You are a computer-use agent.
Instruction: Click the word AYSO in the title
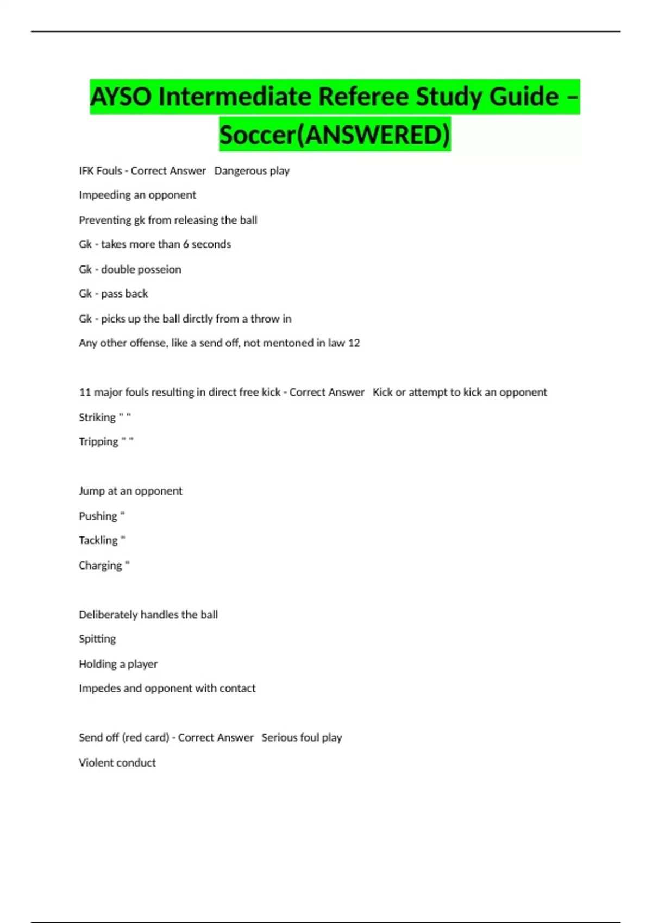(x=121, y=97)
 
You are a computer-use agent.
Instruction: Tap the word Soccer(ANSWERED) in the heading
(x=335, y=135)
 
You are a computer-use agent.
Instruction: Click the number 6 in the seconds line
(x=186, y=244)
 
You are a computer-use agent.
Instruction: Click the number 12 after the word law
(x=354, y=343)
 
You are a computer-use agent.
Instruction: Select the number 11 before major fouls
(x=85, y=392)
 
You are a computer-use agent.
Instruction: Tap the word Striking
(x=97, y=417)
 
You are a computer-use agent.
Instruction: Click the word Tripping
(x=98, y=441)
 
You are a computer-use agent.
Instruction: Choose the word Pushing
(x=98, y=516)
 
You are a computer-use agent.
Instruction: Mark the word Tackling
(x=98, y=540)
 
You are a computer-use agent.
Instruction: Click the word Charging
(x=100, y=565)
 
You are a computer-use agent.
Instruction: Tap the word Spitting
(x=97, y=639)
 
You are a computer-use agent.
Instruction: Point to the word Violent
(x=97, y=762)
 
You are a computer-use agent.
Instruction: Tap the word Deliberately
(x=108, y=615)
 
